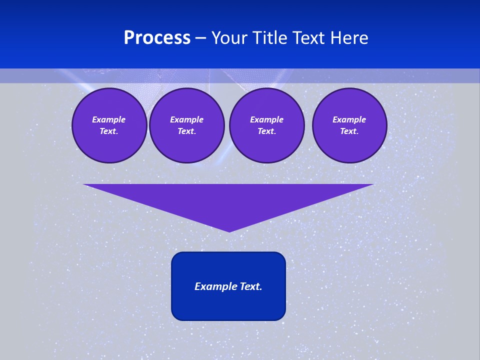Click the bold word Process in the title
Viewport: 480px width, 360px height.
coord(157,38)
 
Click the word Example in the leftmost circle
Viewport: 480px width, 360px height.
coord(109,119)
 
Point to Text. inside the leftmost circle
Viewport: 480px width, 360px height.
coord(109,131)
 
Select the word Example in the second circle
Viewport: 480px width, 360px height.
coord(186,119)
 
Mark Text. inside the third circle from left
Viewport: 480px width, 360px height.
coord(266,131)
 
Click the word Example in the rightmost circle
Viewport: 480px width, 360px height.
coord(349,119)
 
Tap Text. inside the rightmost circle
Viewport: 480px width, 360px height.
coord(349,131)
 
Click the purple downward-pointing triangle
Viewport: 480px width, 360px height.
coord(228,200)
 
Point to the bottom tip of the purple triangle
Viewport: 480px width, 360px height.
coord(229,230)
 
